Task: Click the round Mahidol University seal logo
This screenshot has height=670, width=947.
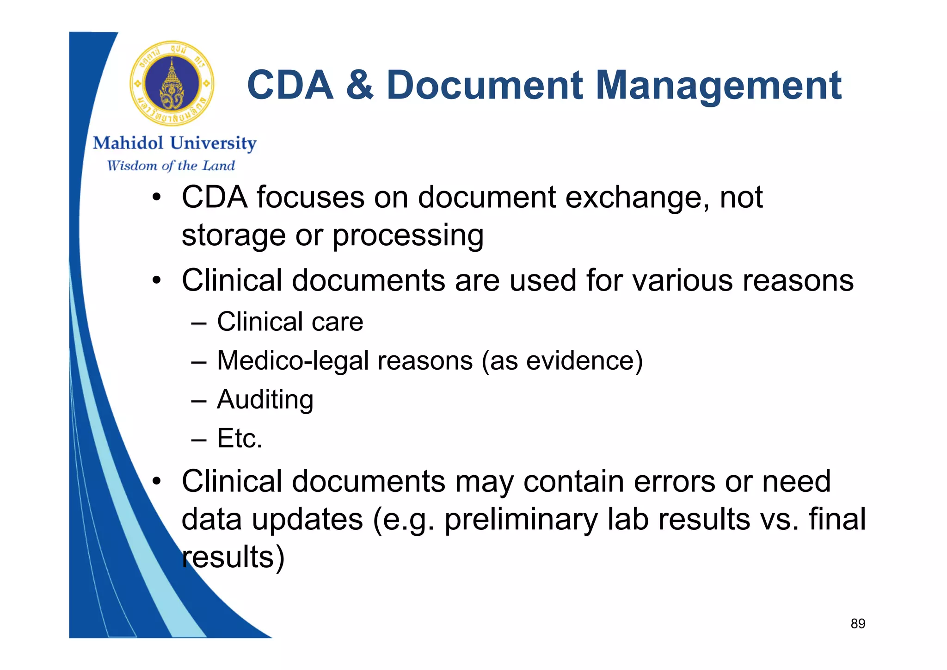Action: click(x=172, y=84)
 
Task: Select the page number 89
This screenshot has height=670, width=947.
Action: click(x=858, y=624)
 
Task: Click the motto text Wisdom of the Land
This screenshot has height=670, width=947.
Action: click(x=171, y=166)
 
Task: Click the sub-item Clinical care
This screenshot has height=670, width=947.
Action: click(x=290, y=322)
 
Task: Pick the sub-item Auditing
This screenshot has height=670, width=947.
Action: click(x=265, y=400)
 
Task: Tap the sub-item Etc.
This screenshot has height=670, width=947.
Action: click(x=240, y=438)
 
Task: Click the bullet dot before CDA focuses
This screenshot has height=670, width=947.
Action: click(x=157, y=198)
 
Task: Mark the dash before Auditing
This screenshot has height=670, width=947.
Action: click(x=198, y=401)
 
